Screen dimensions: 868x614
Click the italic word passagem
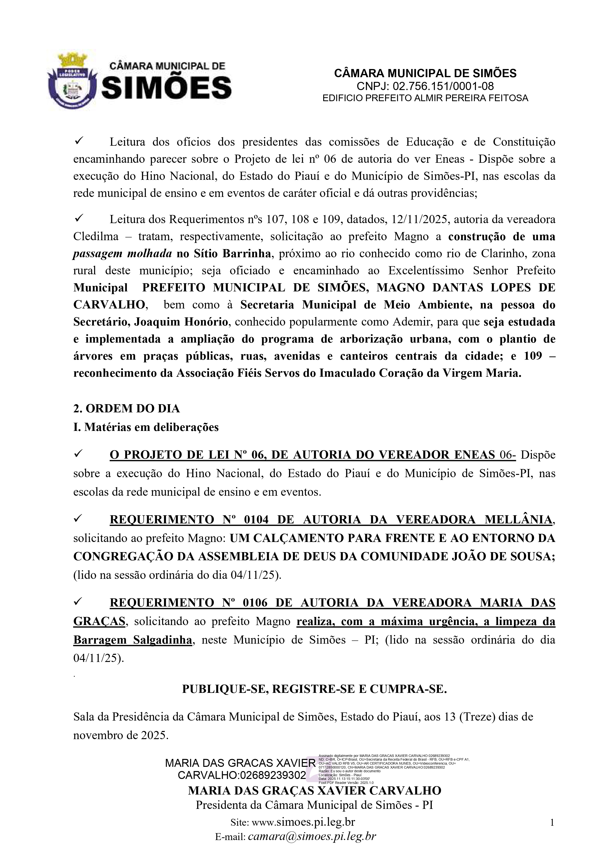click(98, 253)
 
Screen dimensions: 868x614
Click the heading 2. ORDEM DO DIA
click(126, 408)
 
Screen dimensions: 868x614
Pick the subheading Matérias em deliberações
click(151, 427)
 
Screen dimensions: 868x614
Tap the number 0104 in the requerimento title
click(256, 520)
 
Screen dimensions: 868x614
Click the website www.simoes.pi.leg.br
click(303, 822)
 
